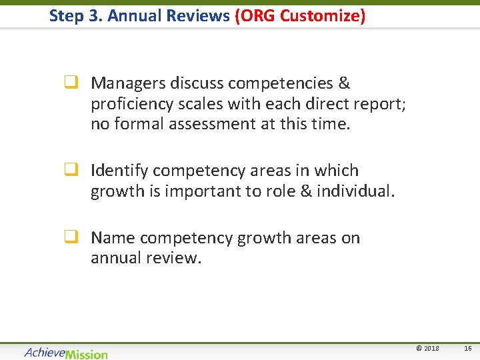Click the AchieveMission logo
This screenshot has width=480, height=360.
click(x=66, y=353)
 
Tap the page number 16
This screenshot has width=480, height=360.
click(x=468, y=349)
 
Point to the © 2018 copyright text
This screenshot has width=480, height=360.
click(x=427, y=349)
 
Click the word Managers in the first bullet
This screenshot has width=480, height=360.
click(x=128, y=83)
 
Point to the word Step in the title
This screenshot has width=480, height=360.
click(x=65, y=16)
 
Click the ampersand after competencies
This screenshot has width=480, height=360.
click(x=344, y=83)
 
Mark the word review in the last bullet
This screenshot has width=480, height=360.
click(x=175, y=258)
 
